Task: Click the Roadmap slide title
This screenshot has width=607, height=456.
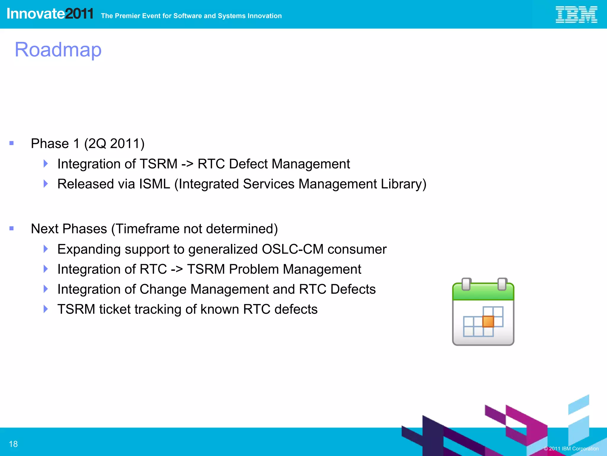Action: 58,50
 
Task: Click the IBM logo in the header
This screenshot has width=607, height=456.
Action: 576,15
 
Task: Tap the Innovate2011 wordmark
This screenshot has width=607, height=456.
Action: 50,14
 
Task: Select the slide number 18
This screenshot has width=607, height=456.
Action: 13,444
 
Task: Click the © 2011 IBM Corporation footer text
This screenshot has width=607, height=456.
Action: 571,449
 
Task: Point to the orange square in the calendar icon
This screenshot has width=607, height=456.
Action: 488,322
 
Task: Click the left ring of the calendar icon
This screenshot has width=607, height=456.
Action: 466,284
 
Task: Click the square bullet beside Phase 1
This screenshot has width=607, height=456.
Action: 12,143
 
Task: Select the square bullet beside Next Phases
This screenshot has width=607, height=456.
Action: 12,228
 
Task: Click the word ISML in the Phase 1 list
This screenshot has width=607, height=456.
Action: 154,184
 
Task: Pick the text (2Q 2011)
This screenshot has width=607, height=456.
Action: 114,144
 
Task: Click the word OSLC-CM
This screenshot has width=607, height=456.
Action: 293,249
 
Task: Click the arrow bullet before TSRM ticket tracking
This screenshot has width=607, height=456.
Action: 45,309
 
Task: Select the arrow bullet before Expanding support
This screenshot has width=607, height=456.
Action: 45,249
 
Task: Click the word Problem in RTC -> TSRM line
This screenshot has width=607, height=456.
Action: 254,269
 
